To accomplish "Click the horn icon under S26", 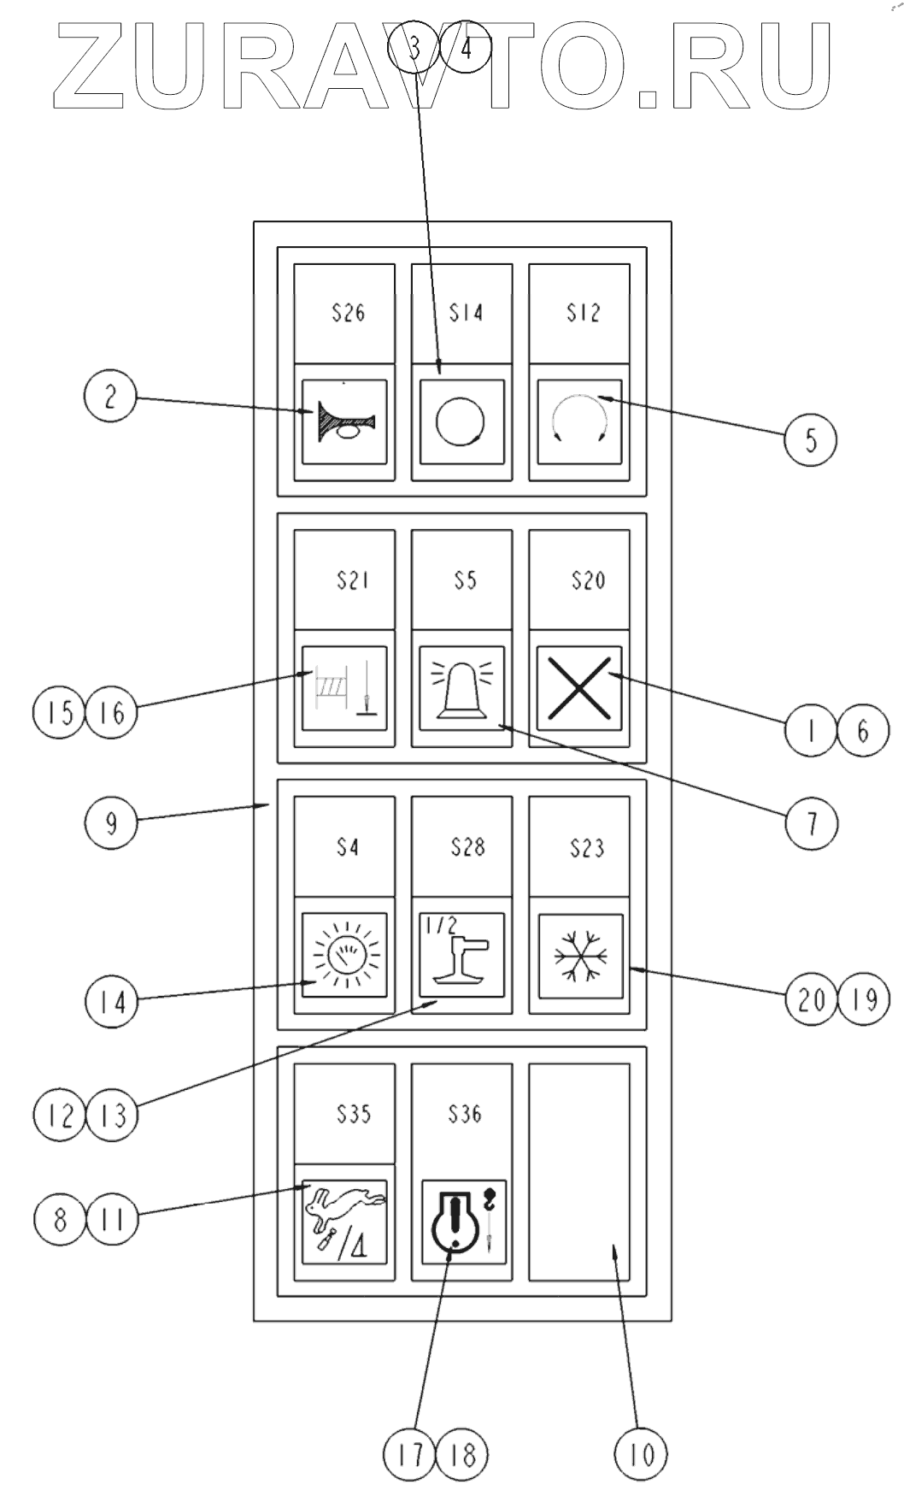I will pos(344,421).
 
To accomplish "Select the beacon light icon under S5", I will pos(462,688).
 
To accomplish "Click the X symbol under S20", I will pos(579,688).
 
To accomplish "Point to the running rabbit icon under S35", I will pos(344,1222).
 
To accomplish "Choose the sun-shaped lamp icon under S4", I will pos(344,956).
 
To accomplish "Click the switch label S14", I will pos(466,313).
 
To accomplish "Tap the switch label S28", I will pos(467,847).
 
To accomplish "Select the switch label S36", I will pos(465,1114).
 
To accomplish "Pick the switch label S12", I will pos(583,313).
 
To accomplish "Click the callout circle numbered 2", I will pos(110,398).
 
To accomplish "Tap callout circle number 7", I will pos(811,822).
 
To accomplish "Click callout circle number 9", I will pos(110,822).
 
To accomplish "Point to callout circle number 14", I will pos(111,1001).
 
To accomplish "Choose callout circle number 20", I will pos(812,998).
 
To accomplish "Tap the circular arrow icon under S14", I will pos(461,421).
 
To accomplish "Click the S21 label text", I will pos(352,580).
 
